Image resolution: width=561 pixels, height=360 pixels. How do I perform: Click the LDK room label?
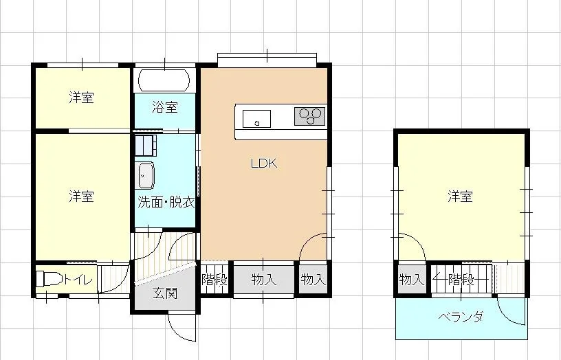[x=264, y=164]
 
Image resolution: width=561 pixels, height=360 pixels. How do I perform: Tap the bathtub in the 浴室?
[x=164, y=80]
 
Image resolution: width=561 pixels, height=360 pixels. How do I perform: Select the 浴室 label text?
[x=165, y=107]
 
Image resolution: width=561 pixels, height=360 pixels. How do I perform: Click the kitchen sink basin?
[x=256, y=119]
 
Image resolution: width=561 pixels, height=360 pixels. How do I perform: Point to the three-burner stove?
[x=310, y=116]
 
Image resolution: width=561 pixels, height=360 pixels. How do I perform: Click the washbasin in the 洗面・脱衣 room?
[x=146, y=175]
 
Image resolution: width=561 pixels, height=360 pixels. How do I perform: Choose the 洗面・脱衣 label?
[x=166, y=202]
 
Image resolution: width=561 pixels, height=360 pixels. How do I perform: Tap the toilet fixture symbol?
[x=49, y=278]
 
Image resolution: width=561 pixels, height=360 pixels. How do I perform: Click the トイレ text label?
[x=78, y=279]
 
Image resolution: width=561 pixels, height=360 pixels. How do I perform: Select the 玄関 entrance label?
[x=165, y=293]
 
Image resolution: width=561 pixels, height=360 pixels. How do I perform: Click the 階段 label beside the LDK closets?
[x=214, y=279]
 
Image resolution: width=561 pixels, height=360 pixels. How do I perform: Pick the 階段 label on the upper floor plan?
[x=461, y=279]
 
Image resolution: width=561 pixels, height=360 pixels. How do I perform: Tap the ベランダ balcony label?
[x=461, y=317]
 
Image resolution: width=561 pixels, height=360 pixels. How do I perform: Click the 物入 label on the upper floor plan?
[x=411, y=279]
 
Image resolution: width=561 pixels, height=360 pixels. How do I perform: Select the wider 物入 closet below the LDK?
[x=264, y=279]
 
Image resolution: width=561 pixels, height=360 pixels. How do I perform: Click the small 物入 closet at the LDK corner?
[x=313, y=279]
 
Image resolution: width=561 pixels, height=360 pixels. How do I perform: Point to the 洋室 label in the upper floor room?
[x=460, y=196]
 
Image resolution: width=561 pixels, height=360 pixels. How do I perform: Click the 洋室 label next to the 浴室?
[x=82, y=98]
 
